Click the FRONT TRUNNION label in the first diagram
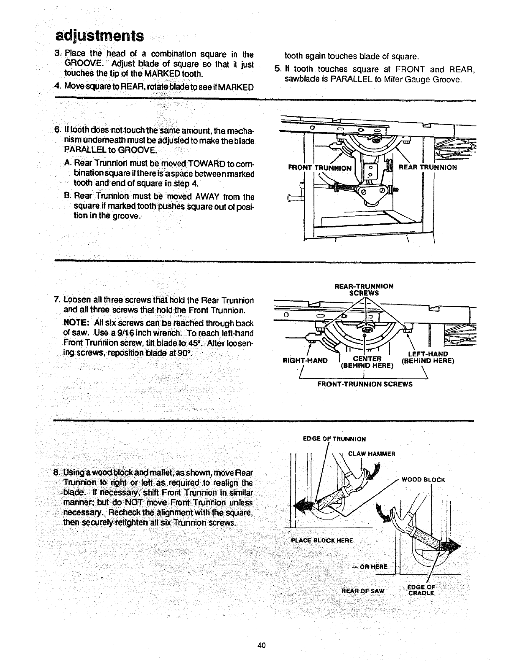320,168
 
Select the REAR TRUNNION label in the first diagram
428,167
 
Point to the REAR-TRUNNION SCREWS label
364,289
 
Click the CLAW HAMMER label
372,453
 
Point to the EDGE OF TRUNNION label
334,439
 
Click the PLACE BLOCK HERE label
322,540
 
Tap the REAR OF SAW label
362,591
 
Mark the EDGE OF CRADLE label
421,590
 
